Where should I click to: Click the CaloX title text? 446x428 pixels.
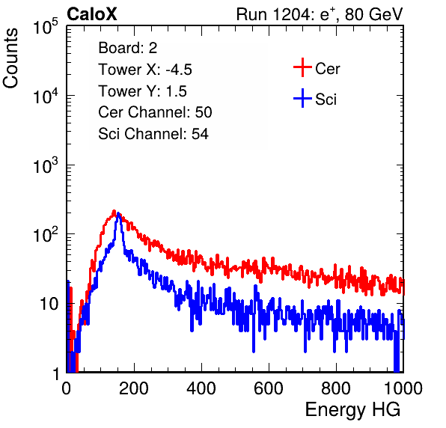[92, 14]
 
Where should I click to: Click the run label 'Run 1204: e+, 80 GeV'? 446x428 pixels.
[320, 14]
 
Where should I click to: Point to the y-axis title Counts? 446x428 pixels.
[10, 58]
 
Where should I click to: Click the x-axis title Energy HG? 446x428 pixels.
[352, 410]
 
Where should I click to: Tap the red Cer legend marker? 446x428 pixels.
[302, 67]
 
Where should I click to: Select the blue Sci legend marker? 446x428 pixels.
[302, 99]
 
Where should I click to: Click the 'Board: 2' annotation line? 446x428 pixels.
[127, 48]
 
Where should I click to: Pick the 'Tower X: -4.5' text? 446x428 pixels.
[145, 70]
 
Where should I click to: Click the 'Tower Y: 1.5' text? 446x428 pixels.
[142, 91]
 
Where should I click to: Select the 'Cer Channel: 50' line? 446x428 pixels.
[155, 112]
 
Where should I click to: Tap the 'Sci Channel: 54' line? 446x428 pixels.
[153, 134]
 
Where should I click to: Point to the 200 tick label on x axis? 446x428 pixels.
[134, 388]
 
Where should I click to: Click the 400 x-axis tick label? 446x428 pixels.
[201, 388]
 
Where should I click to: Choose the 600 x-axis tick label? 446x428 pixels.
[269, 388]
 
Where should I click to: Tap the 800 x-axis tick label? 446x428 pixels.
[336, 388]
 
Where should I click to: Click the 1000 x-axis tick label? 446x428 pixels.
[403, 388]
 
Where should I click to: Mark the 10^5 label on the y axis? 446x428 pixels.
[46, 26]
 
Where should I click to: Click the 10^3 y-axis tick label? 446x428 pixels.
[46, 165]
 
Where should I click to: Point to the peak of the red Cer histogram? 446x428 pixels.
[114, 211]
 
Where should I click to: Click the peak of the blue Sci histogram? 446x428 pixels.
[117, 213]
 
